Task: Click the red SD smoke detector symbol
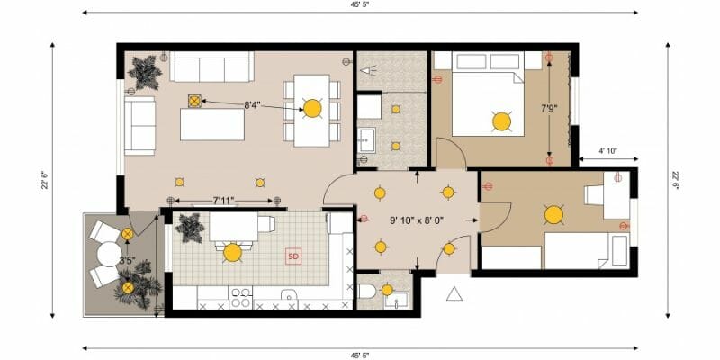click(x=293, y=256)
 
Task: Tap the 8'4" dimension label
click(x=252, y=105)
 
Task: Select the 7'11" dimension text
click(x=224, y=200)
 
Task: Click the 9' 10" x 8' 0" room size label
click(x=417, y=220)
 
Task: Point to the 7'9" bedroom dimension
click(x=549, y=109)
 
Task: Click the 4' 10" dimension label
click(x=608, y=150)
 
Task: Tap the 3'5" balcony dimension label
click(x=127, y=260)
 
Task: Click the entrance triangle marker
click(x=454, y=294)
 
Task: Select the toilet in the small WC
click(x=366, y=291)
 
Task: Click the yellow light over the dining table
click(x=312, y=108)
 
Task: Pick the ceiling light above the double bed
click(x=501, y=121)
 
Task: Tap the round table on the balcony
click(x=109, y=254)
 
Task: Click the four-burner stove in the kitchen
click(x=240, y=298)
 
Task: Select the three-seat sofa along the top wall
click(x=211, y=67)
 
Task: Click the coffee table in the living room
click(x=212, y=124)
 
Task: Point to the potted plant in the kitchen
click(x=190, y=228)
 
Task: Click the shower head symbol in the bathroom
click(x=368, y=70)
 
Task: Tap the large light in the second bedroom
click(x=553, y=215)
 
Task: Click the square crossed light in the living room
click(x=195, y=101)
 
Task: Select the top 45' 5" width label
click(x=359, y=4)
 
